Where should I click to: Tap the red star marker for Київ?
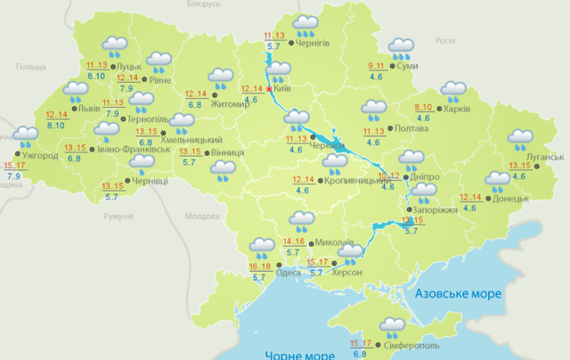click(x=270, y=89)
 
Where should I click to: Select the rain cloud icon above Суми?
click(x=401, y=46)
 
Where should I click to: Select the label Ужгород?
click(x=39, y=157)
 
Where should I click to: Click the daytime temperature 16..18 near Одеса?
click(x=261, y=266)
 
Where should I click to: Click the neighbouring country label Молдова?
click(x=201, y=217)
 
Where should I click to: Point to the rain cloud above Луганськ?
click(x=520, y=140)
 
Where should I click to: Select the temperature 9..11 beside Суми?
click(x=379, y=67)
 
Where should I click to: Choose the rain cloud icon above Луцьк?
click(x=114, y=45)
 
